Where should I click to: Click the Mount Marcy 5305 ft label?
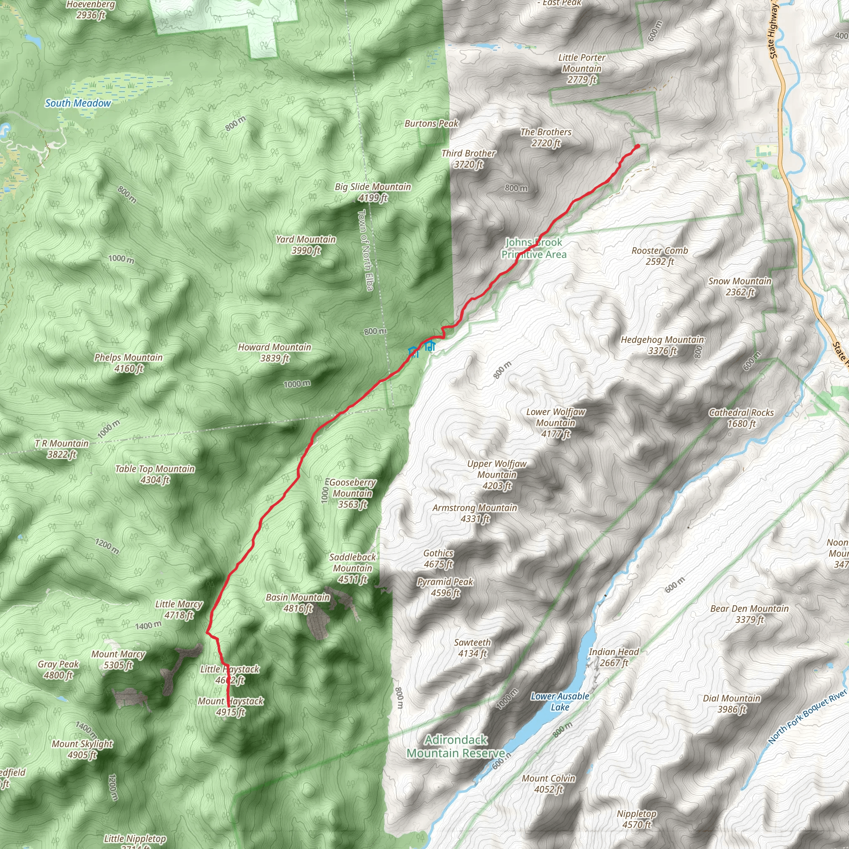pos(118,660)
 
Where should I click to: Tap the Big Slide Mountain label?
pos(373,192)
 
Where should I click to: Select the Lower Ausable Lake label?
pos(559,701)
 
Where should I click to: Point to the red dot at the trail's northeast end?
pos(637,146)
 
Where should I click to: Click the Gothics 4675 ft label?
pos(438,558)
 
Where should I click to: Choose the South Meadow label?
pos(78,103)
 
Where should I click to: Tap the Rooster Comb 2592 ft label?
pos(660,256)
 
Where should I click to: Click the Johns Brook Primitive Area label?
pos(534,248)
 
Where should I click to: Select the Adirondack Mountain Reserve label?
pos(456,746)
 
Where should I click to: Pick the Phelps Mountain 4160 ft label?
pos(129,363)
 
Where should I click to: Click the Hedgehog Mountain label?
pos(662,345)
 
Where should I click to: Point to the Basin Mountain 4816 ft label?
pos(298,602)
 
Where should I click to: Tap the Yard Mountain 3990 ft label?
pos(306,245)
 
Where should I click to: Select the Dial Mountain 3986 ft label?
pos(731,703)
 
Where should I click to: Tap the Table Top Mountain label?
pos(155,474)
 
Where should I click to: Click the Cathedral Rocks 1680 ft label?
pos(741,418)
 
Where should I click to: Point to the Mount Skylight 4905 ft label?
pos(82,749)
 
